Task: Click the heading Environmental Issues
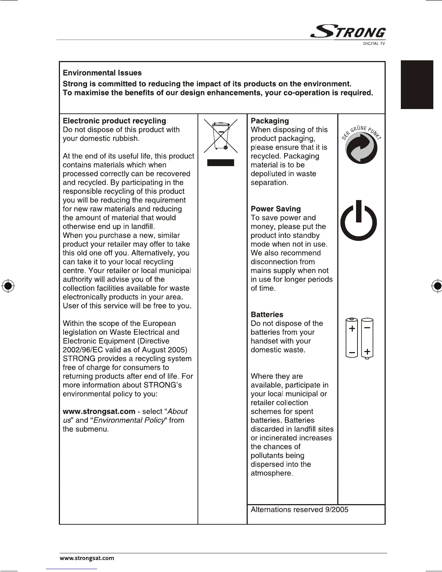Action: coord(102,73)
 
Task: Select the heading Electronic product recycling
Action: coord(114,121)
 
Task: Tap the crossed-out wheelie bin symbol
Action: coord(221,136)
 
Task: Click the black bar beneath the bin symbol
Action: coord(221,162)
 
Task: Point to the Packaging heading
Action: coord(270,121)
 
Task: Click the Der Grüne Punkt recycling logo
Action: coord(361,147)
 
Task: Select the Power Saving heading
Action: coord(276,209)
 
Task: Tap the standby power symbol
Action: coord(359,221)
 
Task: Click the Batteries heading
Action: coord(267,315)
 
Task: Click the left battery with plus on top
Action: coord(352,338)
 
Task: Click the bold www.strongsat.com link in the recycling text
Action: coord(99,412)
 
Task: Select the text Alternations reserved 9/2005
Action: coord(299,510)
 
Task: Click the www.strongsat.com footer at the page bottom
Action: coord(87,558)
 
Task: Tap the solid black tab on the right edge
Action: coord(417,84)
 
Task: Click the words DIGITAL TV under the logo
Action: coord(374,44)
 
